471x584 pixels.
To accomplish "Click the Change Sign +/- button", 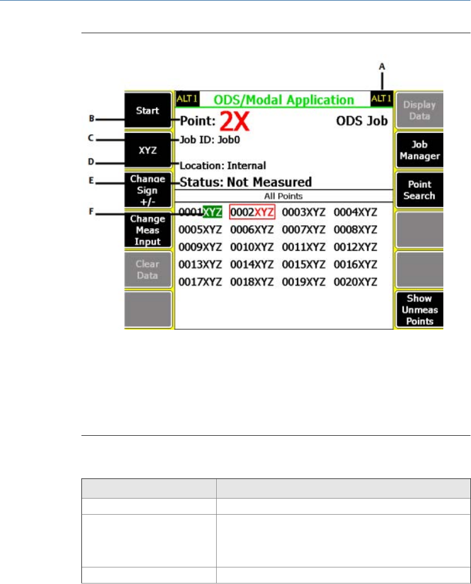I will click(x=148, y=190).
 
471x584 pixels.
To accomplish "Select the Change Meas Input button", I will click(x=148, y=230).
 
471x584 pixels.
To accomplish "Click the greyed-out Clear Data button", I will click(x=148, y=269).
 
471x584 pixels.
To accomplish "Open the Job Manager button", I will click(x=419, y=150).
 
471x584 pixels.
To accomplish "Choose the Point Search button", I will click(x=419, y=190).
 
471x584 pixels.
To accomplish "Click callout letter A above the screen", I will click(x=382, y=66).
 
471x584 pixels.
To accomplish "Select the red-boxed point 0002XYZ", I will click(x=252, y=212).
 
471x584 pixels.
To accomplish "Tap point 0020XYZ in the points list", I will click(x=355, y=282).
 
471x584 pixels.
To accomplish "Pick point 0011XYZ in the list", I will click(x=304, y=247).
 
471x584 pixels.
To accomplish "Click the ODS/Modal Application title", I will click(x=284, y=100).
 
